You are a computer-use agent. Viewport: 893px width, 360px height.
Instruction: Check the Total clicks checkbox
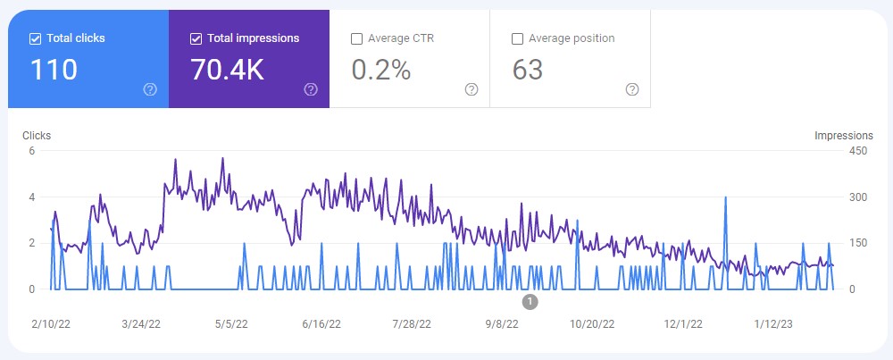pyautogui.click(x=35, y=38)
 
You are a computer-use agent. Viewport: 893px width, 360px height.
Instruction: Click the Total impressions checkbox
pyautogui.click(x=196, y=38)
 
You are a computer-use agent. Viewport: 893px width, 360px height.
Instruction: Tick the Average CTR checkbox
pyautogui.click(x=357, y=38)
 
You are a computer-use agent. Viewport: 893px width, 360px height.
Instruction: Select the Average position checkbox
pyautogui.click(x=517, y=38)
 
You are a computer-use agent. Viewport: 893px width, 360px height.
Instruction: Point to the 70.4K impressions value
pyautogui.click(x=227, y=70)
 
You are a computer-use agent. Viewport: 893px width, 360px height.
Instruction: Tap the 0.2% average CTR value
pyautogui.click(x=381, y=70)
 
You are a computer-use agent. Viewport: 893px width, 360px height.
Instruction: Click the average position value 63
pyautogui.click(x=528, y=70)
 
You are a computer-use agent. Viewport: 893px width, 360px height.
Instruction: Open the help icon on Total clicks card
pyautogui.click(x=150, y=89)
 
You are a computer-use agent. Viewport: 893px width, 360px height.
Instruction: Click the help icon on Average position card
pyautogui.click(x=632, y=89)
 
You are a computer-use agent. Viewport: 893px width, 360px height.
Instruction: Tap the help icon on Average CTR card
pyautogui.click(x=472, y=89)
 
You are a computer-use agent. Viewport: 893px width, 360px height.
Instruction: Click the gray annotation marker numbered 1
pyautogui.click(x=530, y=302)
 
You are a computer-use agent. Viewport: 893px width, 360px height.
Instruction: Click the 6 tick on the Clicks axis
pyautogui.click(x=31, y=150)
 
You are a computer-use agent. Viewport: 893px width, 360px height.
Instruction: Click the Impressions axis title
pyautogui.click(x=843, y=136)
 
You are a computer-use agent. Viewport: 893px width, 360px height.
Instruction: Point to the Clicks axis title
pyautogui.click(x=36, y=136)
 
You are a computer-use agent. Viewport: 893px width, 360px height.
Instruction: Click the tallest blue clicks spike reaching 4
pyautogui.click(x=725, y=198)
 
